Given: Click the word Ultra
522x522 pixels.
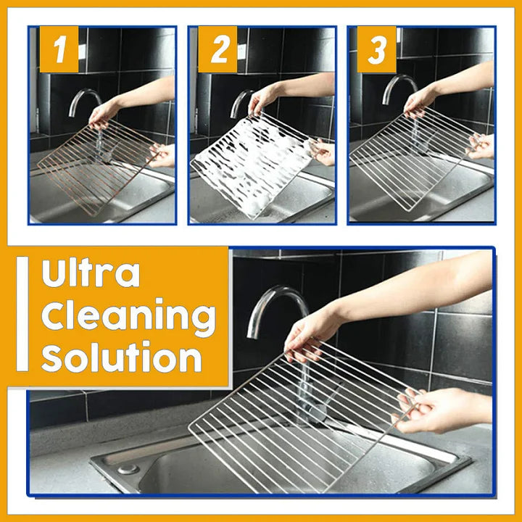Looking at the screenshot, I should click(91, 274).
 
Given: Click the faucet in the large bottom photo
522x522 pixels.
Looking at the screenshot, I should click(271, 304).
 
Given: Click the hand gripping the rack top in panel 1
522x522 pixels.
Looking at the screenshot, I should click(105, 112).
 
